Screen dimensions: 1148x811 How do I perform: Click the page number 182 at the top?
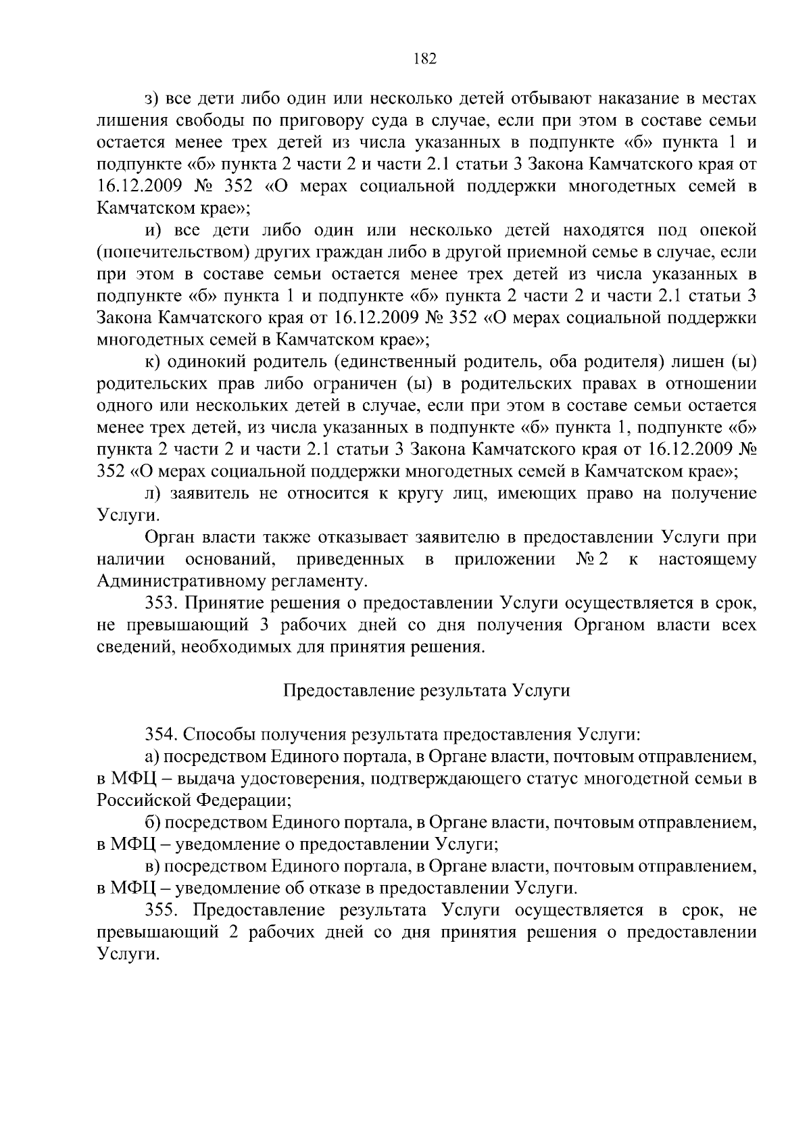[x=425, y=59]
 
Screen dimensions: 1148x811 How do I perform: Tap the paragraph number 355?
[x=164, y=911]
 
